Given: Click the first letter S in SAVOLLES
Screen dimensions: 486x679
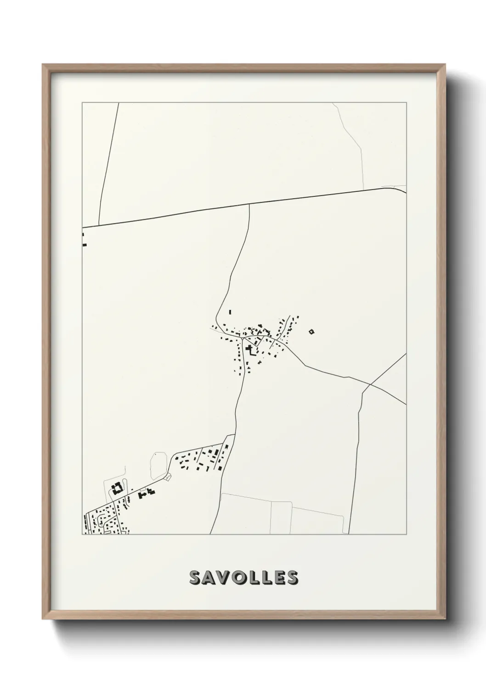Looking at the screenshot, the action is [x=195, y=578].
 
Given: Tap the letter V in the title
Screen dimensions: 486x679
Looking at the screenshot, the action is [x=223, y=578].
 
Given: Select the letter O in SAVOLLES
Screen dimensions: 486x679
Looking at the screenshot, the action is [x=238, y=578].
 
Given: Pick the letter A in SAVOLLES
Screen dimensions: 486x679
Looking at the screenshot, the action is [x=209, y=578].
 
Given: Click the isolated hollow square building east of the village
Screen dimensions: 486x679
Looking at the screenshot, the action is [x=311, y=331].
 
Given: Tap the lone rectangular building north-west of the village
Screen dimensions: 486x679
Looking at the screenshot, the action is [x=230, y=312].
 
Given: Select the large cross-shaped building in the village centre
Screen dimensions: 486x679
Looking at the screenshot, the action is [x=251, y=350].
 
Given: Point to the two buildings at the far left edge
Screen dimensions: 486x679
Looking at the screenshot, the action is [x=84, y=240].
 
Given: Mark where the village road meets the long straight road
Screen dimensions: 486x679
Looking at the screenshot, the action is [x=249, y=205].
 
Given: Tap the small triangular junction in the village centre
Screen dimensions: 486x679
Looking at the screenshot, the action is [x=244, y=339].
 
